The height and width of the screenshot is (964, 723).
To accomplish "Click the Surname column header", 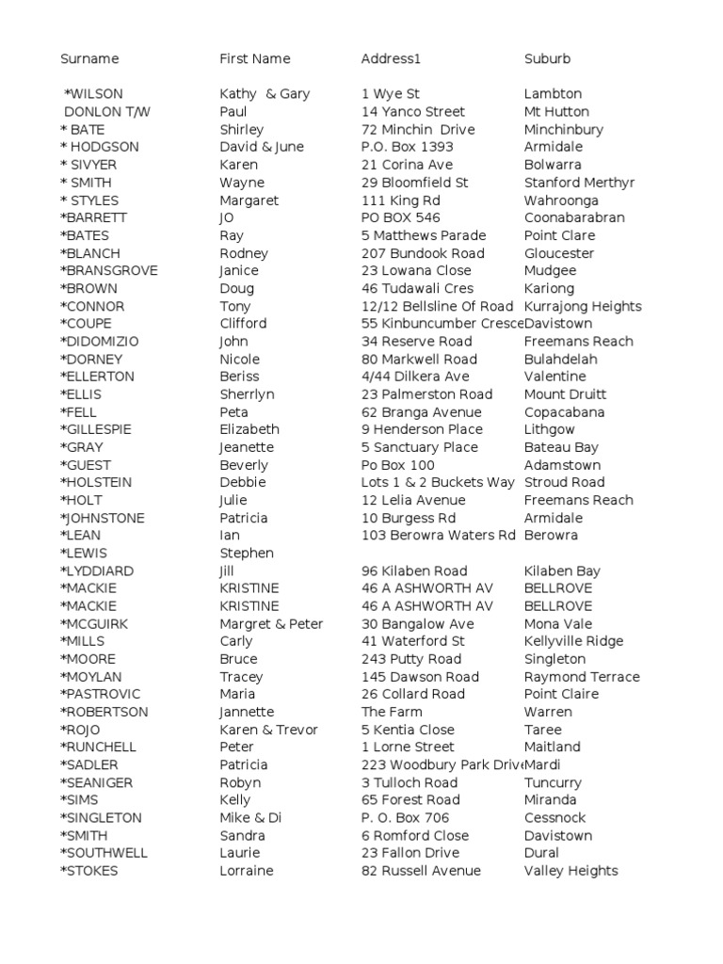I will tap(89, 59).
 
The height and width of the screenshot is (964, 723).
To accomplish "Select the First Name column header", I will tap(255, 59).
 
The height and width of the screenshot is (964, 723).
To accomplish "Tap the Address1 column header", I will tap(391, 59).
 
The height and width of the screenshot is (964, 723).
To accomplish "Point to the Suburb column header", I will tap(547, 59).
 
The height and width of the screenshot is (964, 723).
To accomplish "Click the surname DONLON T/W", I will tap(106, 112).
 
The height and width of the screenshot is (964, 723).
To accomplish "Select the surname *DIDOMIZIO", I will tap(102, 342).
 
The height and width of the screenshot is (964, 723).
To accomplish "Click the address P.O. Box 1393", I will tap(407, 147).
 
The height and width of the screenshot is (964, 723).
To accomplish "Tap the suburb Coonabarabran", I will tap(574, 217).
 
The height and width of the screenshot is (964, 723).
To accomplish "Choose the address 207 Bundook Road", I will tap(423, 253).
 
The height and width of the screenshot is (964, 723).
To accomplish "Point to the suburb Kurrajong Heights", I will tap(583, 306).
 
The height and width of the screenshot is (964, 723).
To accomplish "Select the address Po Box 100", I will tap(398, 465).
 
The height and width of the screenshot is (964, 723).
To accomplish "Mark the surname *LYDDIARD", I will tap(97, 571).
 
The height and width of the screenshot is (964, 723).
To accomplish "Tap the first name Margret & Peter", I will tap(271, 624).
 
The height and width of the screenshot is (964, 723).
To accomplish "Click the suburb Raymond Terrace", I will tap(582, 677).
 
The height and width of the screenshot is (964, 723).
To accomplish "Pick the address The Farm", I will tap(392, 713).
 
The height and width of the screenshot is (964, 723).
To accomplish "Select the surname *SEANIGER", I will tap(97, 783).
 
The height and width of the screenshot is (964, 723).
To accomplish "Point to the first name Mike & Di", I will tap(250, 818).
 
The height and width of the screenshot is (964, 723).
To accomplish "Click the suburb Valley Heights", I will tap(570, 871).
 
